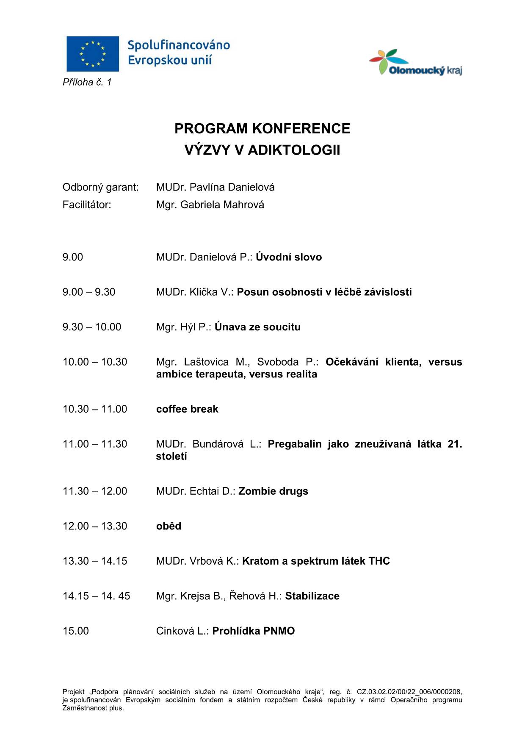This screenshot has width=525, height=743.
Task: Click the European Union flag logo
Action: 93,54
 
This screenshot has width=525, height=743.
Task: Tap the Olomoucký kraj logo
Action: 415,63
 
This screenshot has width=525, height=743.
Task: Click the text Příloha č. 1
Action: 87,82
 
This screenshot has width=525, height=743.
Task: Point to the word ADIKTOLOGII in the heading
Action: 294,150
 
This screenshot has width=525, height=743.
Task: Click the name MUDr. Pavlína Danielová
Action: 215,187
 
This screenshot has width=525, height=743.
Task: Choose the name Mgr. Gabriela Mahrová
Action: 210,205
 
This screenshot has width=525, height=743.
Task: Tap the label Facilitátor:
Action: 87,205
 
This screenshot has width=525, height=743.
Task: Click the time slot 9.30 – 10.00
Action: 92,327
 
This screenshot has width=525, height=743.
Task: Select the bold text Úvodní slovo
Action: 289,257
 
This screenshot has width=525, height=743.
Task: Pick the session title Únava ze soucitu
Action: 257,327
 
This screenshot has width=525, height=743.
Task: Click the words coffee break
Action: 187,409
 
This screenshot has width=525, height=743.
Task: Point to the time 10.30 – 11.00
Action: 95,409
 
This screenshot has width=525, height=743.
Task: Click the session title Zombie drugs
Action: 273,491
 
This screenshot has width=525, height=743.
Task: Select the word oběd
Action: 169,526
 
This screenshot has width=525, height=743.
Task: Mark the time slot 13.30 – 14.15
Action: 95,561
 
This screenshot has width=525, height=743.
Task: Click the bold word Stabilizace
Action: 312,596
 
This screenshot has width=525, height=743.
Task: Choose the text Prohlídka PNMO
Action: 253,631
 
